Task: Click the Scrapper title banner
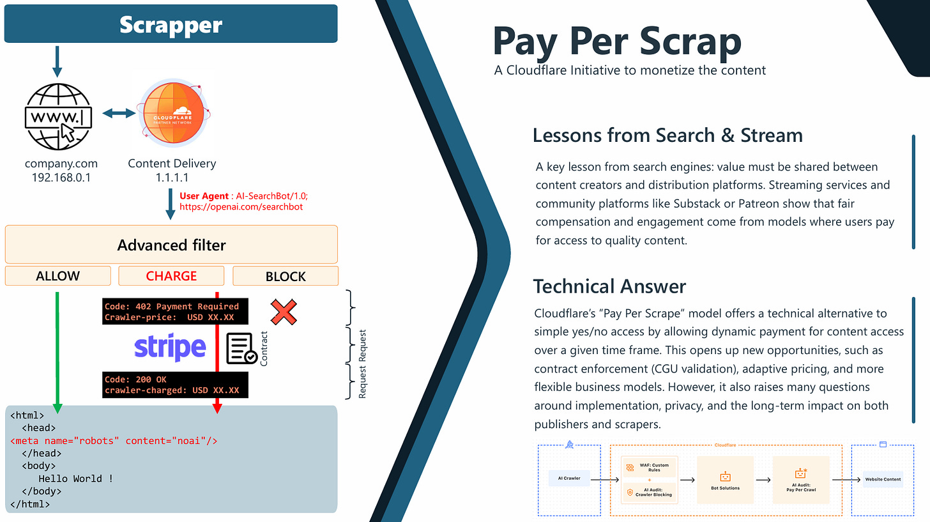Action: pos(171,24)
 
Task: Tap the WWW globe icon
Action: pos(57,114)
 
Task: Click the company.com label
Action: pos(61,164)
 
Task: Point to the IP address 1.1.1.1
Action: pos(171,178)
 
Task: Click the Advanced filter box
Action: pos(171,245)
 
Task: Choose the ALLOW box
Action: pos(57,276)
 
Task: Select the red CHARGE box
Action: pos(171,276)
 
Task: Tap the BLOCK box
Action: pos(286,276)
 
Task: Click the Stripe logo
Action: pos(170,348)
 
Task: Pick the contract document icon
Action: pos(241,348)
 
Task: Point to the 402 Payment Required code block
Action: pos(173,312)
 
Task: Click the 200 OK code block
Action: pos(173,385)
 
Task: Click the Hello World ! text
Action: pos(76,479)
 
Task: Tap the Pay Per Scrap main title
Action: pos(617,40)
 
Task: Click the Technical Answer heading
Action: pos(609,286)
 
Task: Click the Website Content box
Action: pos(883,479)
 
